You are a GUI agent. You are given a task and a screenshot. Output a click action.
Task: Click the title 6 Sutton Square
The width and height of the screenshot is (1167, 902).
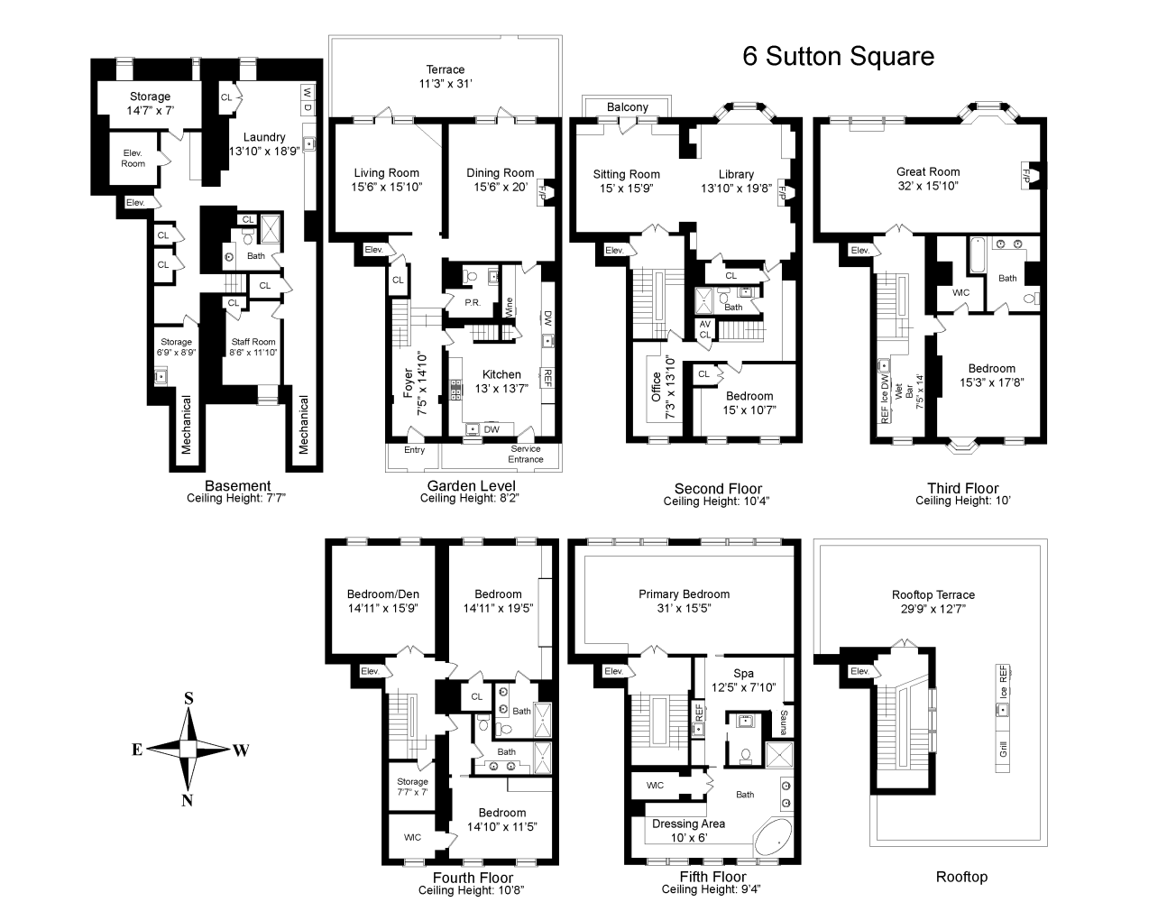pos(838,57)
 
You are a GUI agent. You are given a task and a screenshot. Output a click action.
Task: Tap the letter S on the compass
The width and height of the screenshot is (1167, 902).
pos(189,698)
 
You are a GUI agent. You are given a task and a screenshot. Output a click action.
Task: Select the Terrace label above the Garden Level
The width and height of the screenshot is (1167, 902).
pos(446,69)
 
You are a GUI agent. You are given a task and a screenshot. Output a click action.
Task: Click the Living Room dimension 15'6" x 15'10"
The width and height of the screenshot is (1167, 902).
pos(386,187)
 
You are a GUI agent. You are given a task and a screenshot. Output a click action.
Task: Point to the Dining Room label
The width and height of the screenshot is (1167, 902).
pos(500,173)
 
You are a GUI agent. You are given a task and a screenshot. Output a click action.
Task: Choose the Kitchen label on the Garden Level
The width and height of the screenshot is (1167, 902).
pos(501,374)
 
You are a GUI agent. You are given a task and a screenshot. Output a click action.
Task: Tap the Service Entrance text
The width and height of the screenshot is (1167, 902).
pos(526,454)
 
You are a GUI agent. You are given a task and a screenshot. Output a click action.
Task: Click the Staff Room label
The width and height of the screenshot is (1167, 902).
pos(253,342)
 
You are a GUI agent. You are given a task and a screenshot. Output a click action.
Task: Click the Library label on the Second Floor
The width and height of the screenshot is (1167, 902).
pos(736,174)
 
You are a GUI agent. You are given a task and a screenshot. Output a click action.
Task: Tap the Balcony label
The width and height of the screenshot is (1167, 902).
pos(627,107)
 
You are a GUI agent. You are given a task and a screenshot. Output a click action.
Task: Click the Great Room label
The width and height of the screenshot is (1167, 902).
pos(928,171)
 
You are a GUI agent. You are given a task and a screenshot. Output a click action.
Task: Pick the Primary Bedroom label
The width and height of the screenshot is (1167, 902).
pos(684,594)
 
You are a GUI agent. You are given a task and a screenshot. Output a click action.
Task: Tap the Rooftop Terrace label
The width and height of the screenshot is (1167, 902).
pos(933,595)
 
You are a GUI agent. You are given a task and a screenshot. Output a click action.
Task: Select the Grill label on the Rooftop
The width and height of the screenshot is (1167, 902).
pos(1003,748)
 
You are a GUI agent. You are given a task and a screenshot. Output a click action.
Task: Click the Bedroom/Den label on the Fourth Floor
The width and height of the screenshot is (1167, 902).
pos(383,594)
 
